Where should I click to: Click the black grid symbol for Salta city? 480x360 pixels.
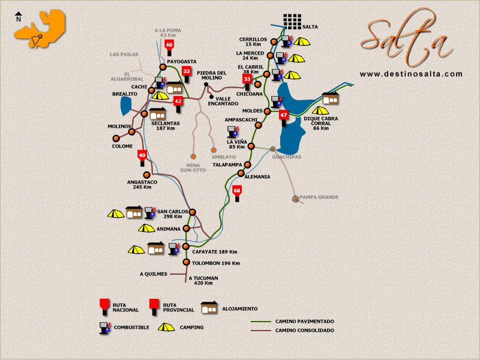click(292, 22)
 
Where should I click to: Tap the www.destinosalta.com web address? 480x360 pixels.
click(411, 74)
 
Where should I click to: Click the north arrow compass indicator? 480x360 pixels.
click(19, 16)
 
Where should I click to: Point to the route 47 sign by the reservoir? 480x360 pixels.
click(284, 116)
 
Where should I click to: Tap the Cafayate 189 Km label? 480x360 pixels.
click(214, 252)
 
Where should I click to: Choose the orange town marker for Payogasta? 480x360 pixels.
click(163, 67)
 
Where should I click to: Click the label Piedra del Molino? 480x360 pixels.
click(212, 76)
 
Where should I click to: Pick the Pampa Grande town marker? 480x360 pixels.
click(295, 199)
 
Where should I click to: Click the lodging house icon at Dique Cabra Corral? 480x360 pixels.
click(331, 98)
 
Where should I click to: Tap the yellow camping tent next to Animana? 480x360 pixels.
click(146, 228)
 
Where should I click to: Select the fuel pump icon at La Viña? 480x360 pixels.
click(232, 132)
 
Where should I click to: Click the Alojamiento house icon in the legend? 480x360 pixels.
click(209, 308)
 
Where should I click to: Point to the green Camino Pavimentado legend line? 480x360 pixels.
click(262, 322)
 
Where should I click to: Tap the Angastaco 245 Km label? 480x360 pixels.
click(142, 184)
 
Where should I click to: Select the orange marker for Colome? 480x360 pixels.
click(116, 138)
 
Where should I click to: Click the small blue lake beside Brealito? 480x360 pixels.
click(126, 106)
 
